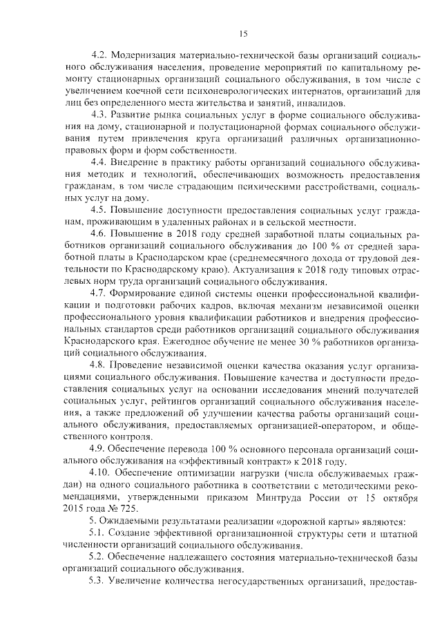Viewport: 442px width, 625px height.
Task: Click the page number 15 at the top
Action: (243, 33)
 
